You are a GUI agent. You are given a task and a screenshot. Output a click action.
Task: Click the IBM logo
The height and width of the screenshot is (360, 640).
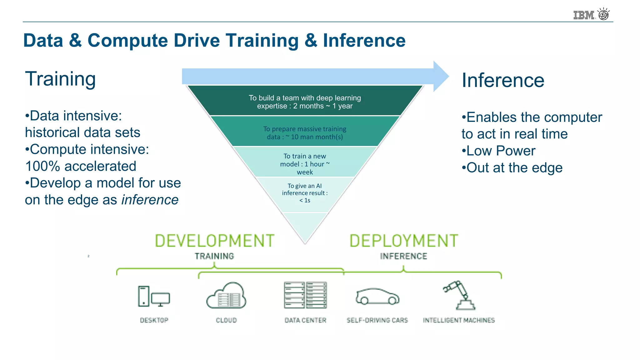[x=584, y=15]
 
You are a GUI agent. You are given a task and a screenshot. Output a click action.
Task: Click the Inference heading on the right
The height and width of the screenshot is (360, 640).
[x=503, y=80]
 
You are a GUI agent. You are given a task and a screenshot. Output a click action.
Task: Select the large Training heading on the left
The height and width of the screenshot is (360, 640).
[x=60, y=79]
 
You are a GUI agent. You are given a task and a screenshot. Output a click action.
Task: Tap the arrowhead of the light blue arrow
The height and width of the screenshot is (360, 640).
[x=441, y=76]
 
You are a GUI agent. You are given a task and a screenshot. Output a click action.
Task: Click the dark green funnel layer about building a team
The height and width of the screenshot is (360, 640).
[x=305, y=102]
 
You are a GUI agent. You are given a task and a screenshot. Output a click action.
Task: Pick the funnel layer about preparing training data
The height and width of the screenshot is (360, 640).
[x=305, y=133]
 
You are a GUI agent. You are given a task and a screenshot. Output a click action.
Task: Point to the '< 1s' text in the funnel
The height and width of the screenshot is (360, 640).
[x=305, y=201]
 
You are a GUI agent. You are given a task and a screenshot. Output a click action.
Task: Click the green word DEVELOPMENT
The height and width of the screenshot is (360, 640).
[x=215, y=241]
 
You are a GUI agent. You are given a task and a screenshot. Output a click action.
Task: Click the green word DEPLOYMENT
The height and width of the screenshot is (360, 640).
[x=403, y=241]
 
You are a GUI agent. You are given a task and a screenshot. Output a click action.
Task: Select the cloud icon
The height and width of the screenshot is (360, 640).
[x=226, y=296]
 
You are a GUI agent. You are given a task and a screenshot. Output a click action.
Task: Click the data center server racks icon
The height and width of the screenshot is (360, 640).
[x=305, y=295]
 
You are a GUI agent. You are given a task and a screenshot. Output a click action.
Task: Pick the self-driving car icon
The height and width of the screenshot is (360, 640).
[x=377, y=296]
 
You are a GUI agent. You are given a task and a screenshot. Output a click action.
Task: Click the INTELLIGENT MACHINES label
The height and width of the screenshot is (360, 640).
[x=459, y=320]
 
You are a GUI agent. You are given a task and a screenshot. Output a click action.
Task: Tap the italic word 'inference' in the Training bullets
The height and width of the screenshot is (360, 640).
[x=150, y=200]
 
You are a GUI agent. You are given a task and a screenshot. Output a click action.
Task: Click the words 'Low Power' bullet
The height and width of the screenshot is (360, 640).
[x=501, y=151]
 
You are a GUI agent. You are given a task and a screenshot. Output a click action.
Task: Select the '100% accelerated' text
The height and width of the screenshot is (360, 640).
[x=81, y=166]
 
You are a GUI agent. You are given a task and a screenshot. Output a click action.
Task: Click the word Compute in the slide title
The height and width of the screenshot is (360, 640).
[x=127, y=41]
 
